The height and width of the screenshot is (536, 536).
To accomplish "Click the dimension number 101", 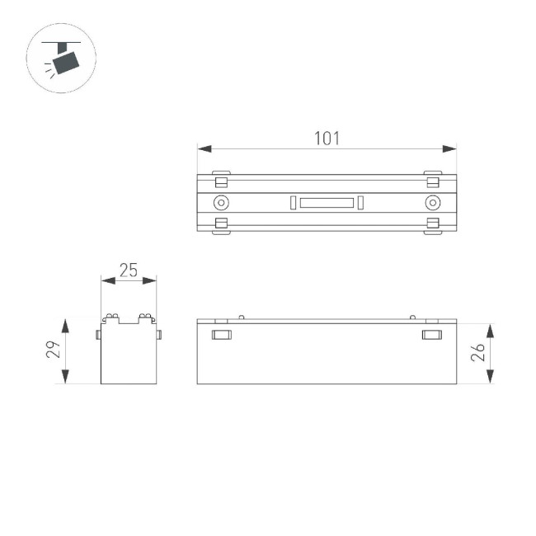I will pos(327,138).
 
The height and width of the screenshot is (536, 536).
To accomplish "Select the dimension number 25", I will pos(128,270).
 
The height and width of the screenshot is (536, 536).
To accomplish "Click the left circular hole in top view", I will pos(220,203).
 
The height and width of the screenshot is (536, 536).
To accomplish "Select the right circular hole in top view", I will pos(432,203).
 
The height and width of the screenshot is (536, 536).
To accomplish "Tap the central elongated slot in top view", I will pos(326,203).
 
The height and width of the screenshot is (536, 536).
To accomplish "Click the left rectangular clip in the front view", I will pos(221,334).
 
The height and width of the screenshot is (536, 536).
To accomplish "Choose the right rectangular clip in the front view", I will pos(431,334).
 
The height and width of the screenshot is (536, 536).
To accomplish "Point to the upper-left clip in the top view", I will pos(220,181).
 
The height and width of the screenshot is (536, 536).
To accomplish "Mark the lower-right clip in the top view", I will pos(432,224).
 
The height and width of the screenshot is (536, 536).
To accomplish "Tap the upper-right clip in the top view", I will pos(432,181).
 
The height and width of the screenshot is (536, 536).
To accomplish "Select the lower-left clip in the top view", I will pos(220,224).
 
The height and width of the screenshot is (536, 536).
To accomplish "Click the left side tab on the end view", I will pos(98,334).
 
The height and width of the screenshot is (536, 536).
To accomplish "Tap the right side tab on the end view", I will pos(158,334).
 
